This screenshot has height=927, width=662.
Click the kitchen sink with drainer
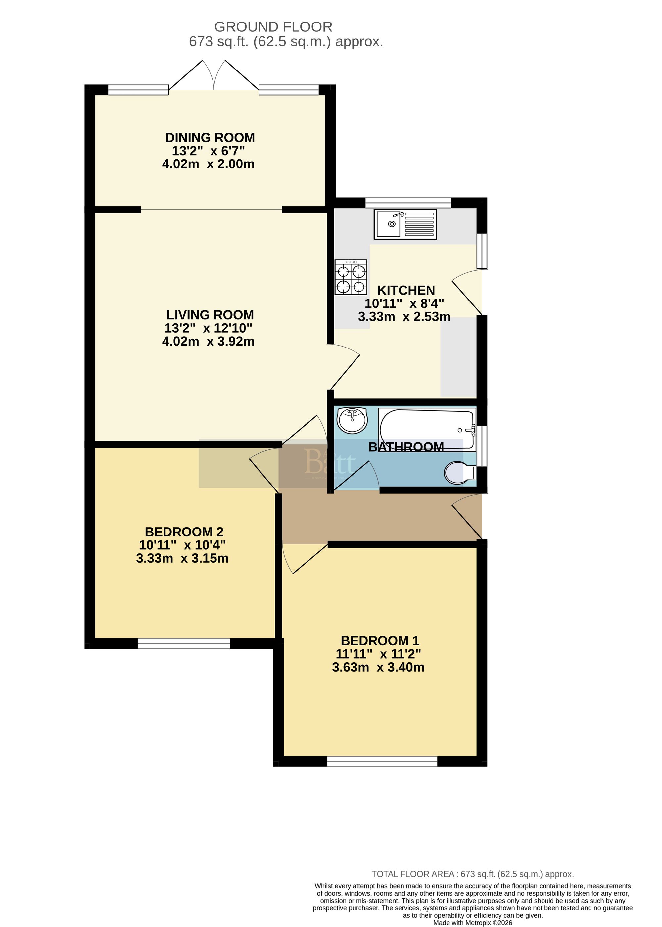click(405, 224)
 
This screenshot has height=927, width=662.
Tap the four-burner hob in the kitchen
click(351, 277)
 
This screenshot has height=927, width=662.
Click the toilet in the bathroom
click(459, 473)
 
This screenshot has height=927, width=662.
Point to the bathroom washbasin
click(352, 420)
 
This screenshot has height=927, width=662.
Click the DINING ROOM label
click(210, 138)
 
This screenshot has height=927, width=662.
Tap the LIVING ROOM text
click(210, 315)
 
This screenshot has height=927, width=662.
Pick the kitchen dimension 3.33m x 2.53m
click(404, 317)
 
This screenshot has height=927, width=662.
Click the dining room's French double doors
click(213, 77)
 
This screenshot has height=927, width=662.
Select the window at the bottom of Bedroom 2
click(184, 643)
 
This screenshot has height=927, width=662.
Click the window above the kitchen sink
click(408, 202)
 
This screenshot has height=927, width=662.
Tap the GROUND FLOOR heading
click(273, 27)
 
